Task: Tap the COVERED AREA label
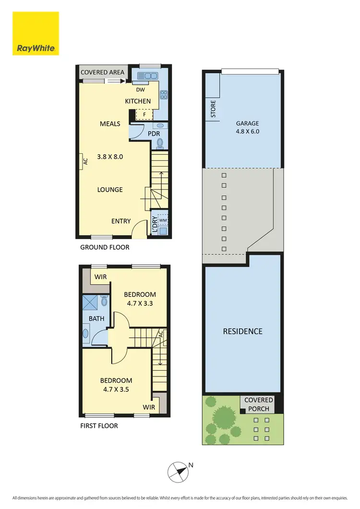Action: coord(102,73)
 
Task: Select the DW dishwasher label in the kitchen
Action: coord(140,90)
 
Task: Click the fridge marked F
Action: coord(143,115)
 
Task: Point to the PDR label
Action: coord(154,133)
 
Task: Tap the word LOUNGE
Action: coord(110,190)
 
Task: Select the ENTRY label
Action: coord(121,221)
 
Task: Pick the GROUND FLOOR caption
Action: coord(105,248)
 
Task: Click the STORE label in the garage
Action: coord(213,109)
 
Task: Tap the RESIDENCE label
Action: coord(242,331)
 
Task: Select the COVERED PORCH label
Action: coord(259,404)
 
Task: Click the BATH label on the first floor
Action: coord(96,318)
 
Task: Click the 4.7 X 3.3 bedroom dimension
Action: coord(140,303)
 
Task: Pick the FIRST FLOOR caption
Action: coord(99,426)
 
